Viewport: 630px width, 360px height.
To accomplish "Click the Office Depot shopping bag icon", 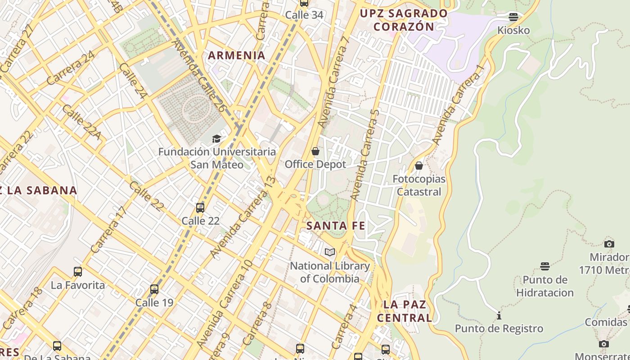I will (315, 151).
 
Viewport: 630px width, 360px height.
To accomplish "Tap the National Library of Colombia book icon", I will (330, 252).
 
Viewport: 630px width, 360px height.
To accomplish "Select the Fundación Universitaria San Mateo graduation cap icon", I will (216, 139).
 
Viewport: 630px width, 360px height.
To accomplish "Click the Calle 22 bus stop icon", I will (200, 208).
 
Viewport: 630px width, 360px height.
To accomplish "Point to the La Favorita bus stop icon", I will (78, 272).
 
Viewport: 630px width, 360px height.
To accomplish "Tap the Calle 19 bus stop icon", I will (154, 289).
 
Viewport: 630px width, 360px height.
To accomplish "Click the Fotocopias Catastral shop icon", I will (419, 166).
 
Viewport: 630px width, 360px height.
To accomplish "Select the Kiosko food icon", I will (513, 18).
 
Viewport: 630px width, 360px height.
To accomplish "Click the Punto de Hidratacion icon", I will (545, 266).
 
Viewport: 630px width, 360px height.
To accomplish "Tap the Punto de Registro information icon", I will (499, 315).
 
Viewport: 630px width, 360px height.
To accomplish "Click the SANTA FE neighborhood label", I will (336, 226).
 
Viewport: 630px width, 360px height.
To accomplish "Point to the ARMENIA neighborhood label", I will (236, 55).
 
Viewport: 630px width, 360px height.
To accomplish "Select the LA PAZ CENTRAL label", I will (404, 311).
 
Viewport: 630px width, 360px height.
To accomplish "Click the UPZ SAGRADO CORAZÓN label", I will (404, 20).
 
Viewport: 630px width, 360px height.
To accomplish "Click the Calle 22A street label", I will (81, 122).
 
